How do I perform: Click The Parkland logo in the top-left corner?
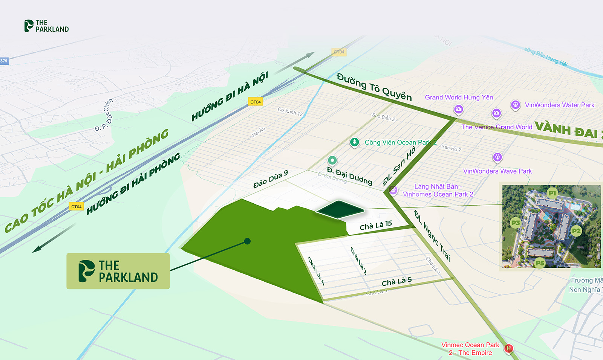46,26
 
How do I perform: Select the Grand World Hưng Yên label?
459,97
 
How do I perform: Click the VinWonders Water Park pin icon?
515,105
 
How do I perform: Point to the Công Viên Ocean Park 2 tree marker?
354,142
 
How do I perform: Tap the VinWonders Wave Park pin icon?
497,157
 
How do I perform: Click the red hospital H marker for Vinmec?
508,349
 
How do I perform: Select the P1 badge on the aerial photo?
552,193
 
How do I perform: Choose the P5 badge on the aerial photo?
540,263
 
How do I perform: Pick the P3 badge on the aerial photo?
515,223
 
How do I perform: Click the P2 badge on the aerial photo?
576,231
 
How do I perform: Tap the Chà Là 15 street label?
376,226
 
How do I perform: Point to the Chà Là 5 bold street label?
396,281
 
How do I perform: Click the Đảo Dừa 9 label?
271,179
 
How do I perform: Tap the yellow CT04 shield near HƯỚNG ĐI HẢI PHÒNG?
76,206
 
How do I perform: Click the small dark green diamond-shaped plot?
340,209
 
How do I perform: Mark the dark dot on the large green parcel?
247,241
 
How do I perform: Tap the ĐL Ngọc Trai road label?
432,235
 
